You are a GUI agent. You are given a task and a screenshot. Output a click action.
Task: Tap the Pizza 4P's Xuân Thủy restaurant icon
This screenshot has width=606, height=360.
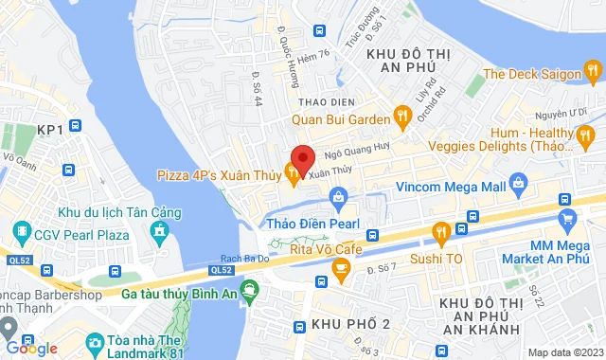point(293,175)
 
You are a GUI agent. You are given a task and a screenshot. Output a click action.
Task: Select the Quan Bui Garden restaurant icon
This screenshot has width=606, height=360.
point(401,118)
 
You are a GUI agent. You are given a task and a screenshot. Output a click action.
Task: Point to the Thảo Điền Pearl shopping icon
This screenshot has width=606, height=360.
point(338,197)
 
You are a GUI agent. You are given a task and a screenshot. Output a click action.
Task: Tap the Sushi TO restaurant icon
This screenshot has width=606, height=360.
point(440,231)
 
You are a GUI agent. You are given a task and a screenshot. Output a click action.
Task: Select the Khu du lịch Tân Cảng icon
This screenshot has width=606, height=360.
point(162,230)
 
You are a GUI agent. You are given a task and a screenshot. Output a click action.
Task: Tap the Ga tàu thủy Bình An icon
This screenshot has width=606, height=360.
point(249,290)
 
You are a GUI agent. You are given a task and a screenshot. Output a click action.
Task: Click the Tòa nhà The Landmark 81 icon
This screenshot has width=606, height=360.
point(94,342)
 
